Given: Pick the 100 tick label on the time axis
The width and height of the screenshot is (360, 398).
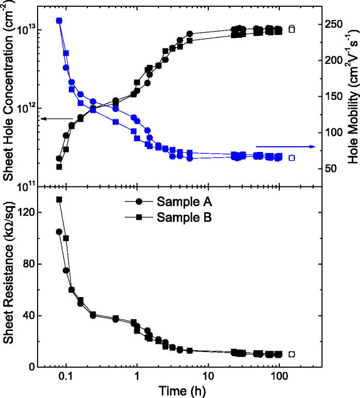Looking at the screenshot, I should (x=279, y=377).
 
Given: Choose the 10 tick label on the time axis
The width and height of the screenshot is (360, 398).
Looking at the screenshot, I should (x=208, y=377).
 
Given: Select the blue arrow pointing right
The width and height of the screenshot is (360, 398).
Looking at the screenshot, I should (x=285, y=147).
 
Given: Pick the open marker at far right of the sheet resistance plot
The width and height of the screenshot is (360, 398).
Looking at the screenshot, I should (x=292, y=354).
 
